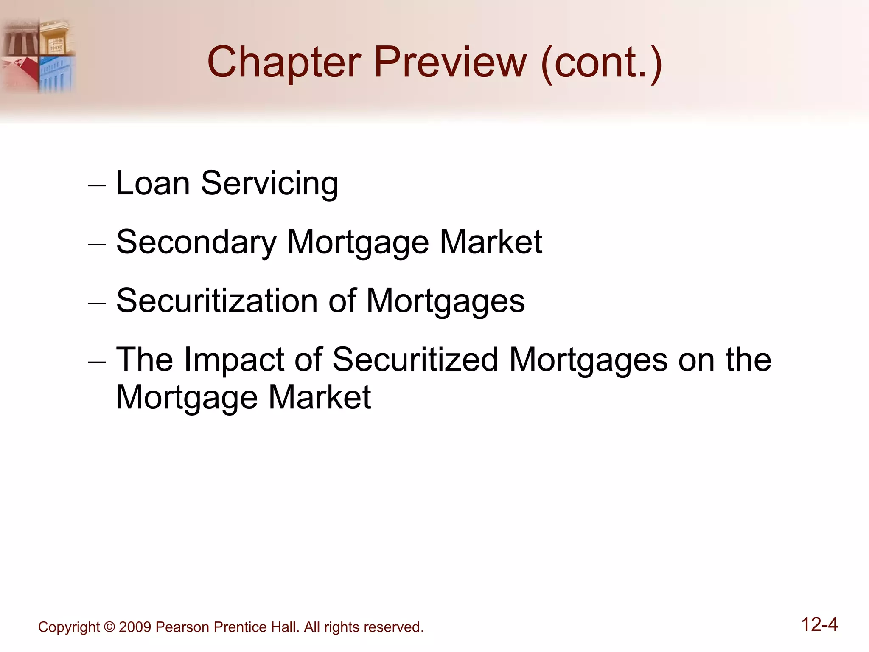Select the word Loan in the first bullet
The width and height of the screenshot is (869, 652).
coord(153,183)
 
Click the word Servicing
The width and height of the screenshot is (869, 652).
coord(269,184)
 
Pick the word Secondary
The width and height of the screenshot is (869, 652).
coord(196,243)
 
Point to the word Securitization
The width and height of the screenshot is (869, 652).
coord(217,301)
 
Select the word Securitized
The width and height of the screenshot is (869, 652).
coord(415,360)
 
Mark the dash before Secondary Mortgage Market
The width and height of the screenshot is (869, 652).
coord(97,245)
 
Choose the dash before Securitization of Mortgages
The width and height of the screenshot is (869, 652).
coord(97,304)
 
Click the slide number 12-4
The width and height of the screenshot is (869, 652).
coord(819,625)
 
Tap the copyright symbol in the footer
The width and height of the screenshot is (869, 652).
coord(109,627)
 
